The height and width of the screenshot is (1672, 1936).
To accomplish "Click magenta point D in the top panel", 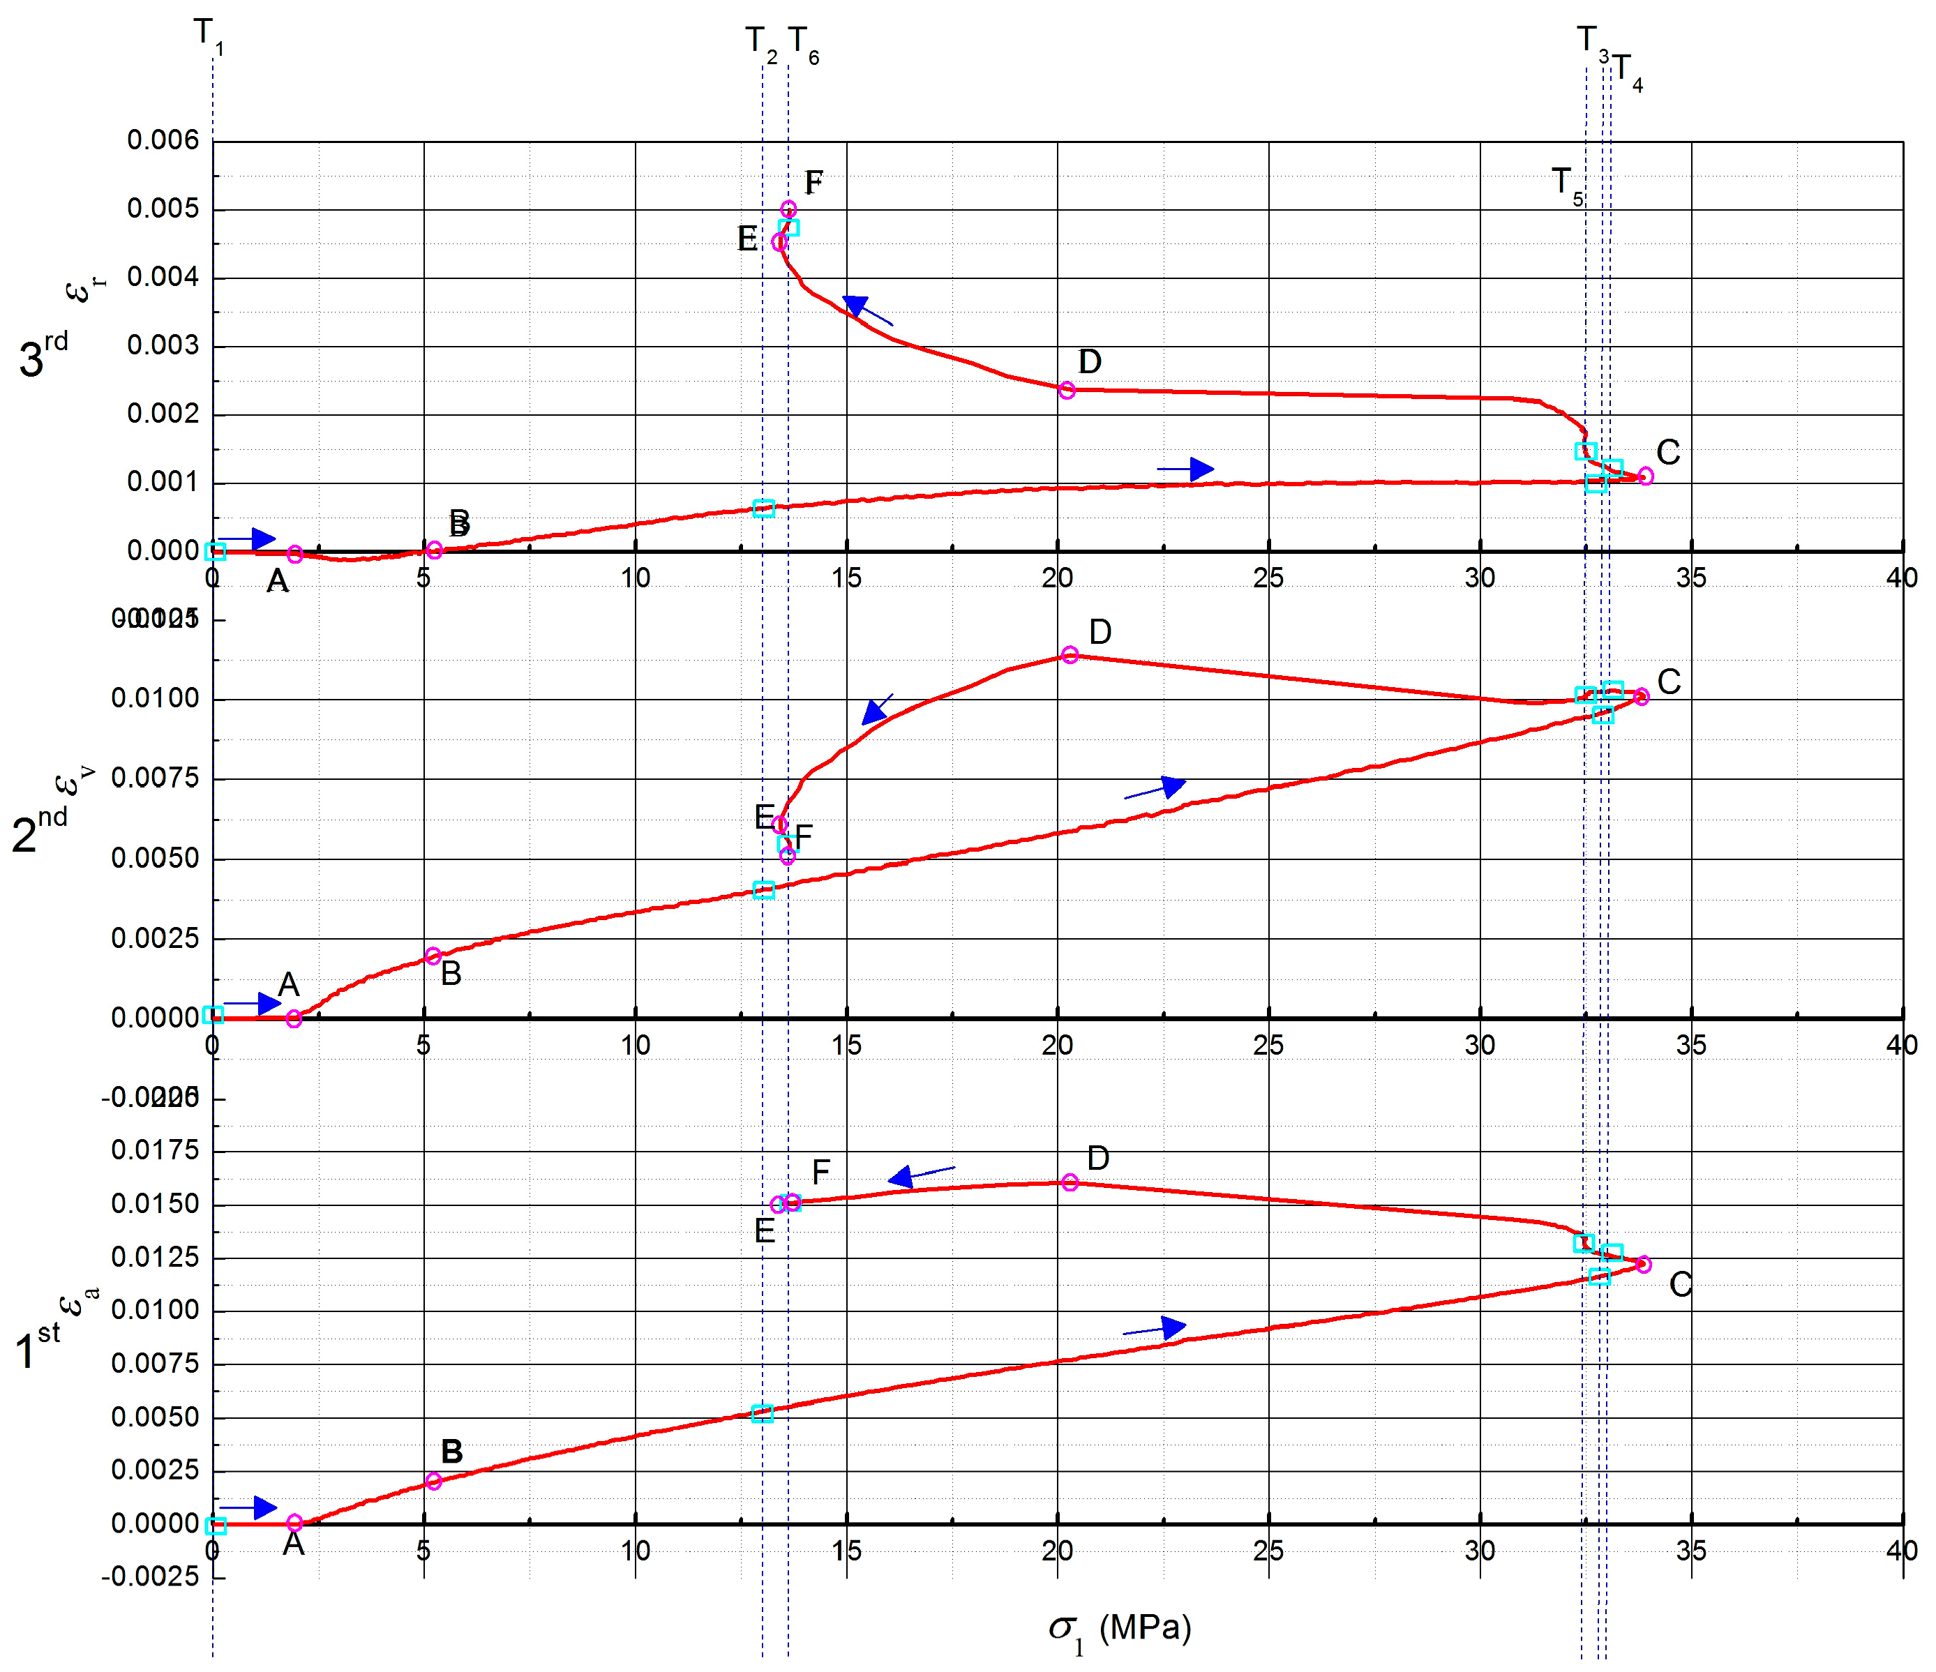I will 1067,391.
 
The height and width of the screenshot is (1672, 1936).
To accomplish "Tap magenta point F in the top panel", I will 788,209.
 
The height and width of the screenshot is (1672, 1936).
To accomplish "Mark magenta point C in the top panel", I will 1645,476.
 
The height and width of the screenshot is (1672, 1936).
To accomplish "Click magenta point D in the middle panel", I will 1070,655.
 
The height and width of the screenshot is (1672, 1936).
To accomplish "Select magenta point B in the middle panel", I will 433,956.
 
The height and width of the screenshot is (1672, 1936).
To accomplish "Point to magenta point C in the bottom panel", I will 1644,1265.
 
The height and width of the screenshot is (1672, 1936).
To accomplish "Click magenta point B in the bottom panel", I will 433,1480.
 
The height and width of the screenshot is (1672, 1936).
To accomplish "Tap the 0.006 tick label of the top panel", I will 163,141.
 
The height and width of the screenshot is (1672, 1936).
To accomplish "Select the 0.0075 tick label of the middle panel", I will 155,778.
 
